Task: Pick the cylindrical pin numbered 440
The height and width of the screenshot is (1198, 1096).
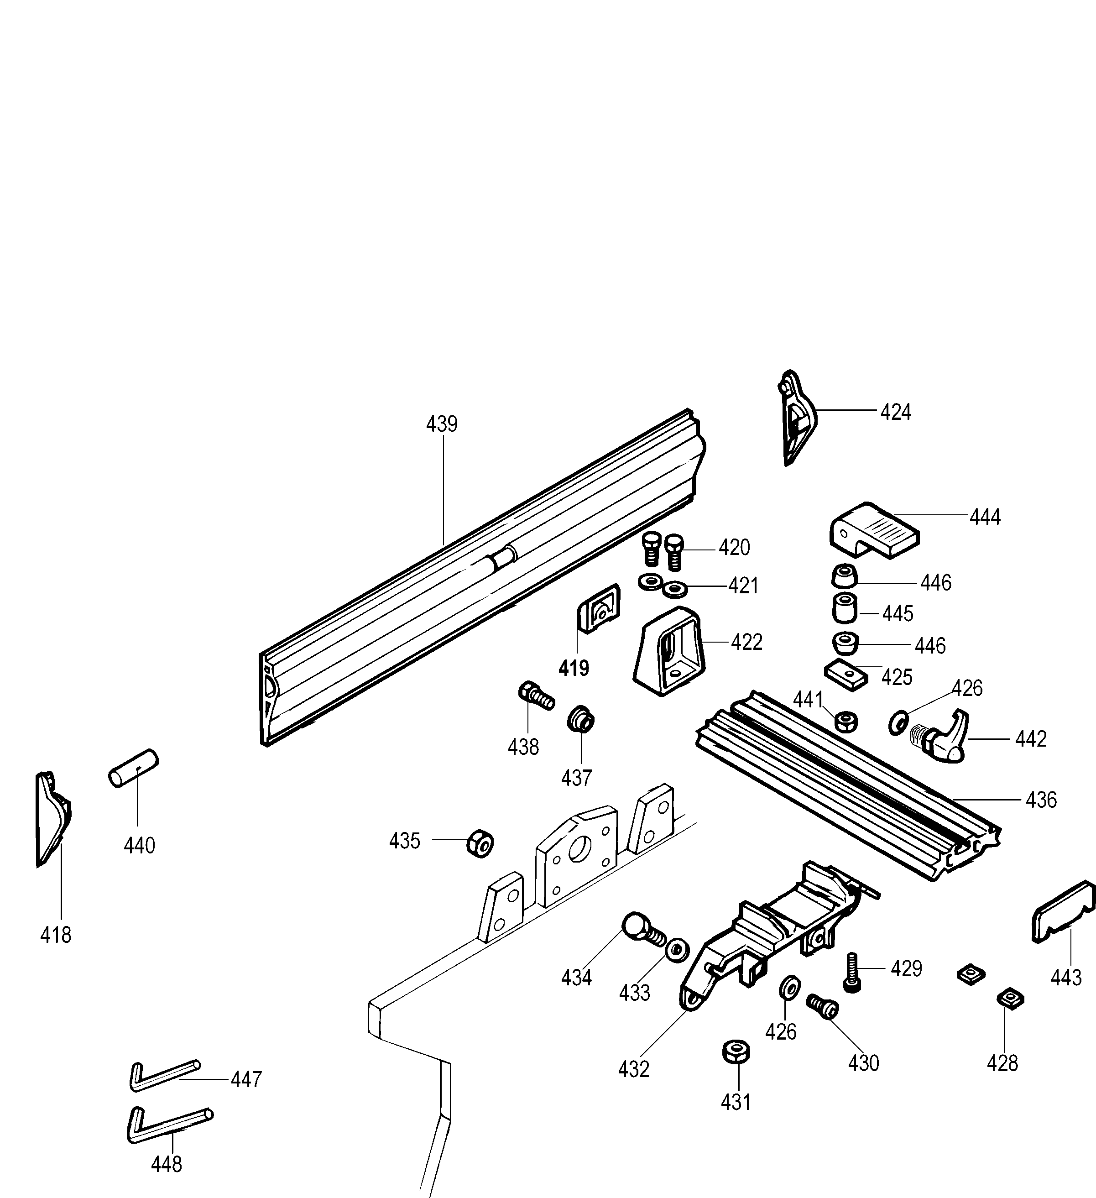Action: (x=134, y=768)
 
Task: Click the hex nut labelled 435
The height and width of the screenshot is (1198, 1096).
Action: (x=480, y=842)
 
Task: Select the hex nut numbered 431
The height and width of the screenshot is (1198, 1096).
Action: (x=736, y=1052)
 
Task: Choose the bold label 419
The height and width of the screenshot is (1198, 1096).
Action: (x=574, y=669)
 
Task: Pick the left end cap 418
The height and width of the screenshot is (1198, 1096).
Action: (x=52, y=818)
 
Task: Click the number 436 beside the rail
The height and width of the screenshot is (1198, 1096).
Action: (x=1041, y=800)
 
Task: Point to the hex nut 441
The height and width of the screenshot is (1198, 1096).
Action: (x=846, y=722)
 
